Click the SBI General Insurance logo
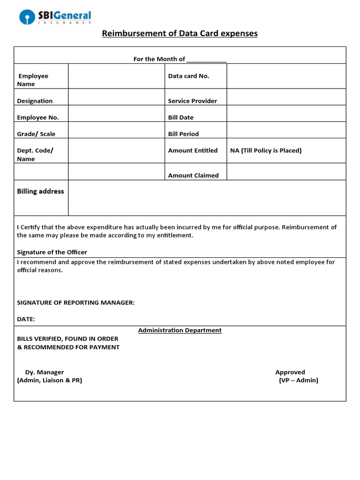[55, 17]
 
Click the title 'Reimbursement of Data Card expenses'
[180, 34]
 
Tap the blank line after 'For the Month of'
[206, 60]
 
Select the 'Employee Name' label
[32, 80]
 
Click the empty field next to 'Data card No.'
[286, 76]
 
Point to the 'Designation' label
[35, 101]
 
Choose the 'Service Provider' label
[192, 101]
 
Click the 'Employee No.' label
[37, 118]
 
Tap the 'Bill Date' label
[180, 118]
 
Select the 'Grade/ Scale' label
[36, 134]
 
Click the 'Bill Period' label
[183, 134]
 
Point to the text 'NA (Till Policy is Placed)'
[266, 150]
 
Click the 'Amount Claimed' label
[193, 175]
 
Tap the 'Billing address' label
[40, 191]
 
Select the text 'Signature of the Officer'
[52, 252]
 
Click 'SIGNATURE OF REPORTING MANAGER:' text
[76, 303]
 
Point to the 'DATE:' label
[26, 319]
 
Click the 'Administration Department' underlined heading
[180, 330]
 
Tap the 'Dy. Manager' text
[45, 372]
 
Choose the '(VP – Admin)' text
[298, 381]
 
